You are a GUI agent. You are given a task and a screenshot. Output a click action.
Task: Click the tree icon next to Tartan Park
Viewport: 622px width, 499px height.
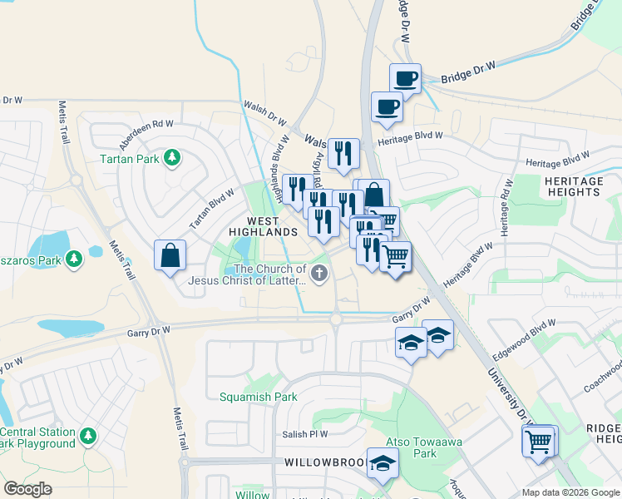click(172, 157)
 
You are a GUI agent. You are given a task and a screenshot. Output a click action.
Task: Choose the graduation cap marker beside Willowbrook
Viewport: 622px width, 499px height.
click(382, 463)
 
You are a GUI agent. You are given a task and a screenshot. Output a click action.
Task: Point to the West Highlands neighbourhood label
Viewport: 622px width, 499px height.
click(263, 226)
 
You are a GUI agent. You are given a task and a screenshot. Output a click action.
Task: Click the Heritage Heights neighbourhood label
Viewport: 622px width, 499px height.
click(573, 186)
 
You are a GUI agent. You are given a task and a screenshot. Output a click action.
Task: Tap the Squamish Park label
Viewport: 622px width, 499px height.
click(258, 397)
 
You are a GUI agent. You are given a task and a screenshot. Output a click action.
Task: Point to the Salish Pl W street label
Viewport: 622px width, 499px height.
click(304, 433)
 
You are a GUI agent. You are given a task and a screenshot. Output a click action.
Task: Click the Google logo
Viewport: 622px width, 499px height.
click(28, 489)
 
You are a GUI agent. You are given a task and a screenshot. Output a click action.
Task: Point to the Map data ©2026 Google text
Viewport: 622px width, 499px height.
click(570, 492)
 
